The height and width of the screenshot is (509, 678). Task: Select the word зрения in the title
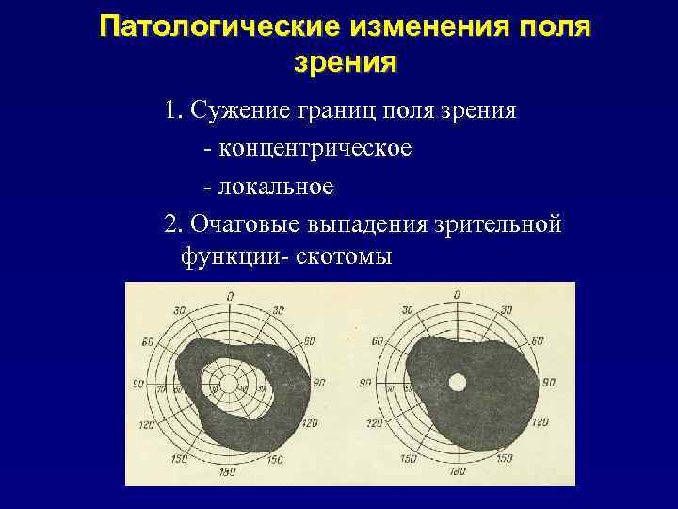click(345, 62)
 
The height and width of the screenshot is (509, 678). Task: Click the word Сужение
click(234, 110)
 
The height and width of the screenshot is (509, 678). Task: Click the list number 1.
click(171, 110)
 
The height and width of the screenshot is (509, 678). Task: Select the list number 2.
click(171, 223)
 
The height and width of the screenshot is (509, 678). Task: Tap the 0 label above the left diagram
click(230, 297)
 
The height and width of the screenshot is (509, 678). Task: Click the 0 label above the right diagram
click(457, 295)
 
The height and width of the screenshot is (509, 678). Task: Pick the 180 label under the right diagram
click(457, 469)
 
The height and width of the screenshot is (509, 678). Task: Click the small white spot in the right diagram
click(458, 383)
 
